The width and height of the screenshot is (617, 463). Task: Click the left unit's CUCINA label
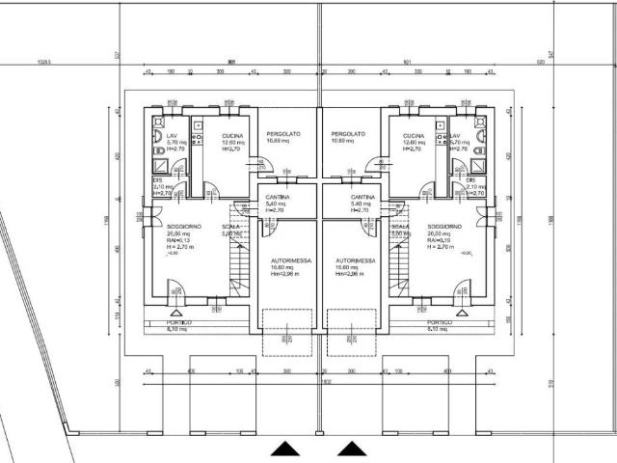(232, 136)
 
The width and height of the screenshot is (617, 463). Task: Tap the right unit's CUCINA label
(414, 136)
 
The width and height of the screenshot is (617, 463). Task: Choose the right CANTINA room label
(362, 197)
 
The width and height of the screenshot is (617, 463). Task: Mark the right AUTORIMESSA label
(354, 260)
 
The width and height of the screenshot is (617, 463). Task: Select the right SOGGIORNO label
(444, 227)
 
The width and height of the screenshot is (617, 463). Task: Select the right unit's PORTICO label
(440, 322)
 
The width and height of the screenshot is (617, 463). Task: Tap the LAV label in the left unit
(172, 136)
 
